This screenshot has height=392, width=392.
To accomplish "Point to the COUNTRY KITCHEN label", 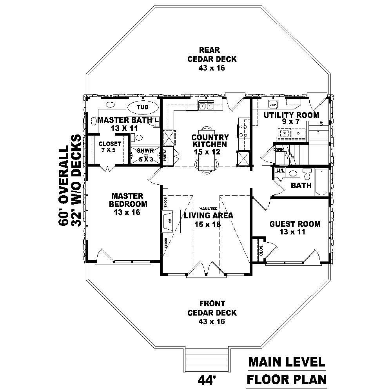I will [x=210, y=141].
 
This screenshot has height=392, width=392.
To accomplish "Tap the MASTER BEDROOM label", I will [x=129, y=200].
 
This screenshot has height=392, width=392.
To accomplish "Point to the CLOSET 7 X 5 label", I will [x=110, y=147].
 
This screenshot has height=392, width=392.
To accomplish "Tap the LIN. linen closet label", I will [x=280, y=171].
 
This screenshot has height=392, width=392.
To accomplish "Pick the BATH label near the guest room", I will [x=301, y=185].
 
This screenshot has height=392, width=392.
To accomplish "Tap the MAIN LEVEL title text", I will [x=286, y=362].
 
